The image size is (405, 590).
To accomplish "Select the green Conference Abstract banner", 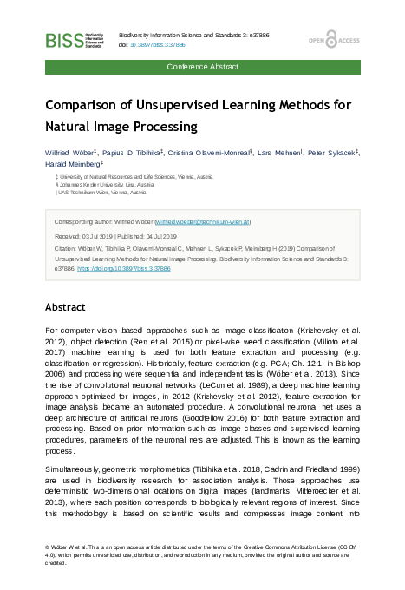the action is pyautogui.click(x=202, y=66).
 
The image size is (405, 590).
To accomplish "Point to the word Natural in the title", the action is pyautogui.click(x=69, y=126).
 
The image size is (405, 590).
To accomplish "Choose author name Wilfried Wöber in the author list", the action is pyautogui.click(x=70, y=152).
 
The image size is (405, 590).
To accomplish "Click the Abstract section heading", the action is pyautogui.click(x=65, y=307).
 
